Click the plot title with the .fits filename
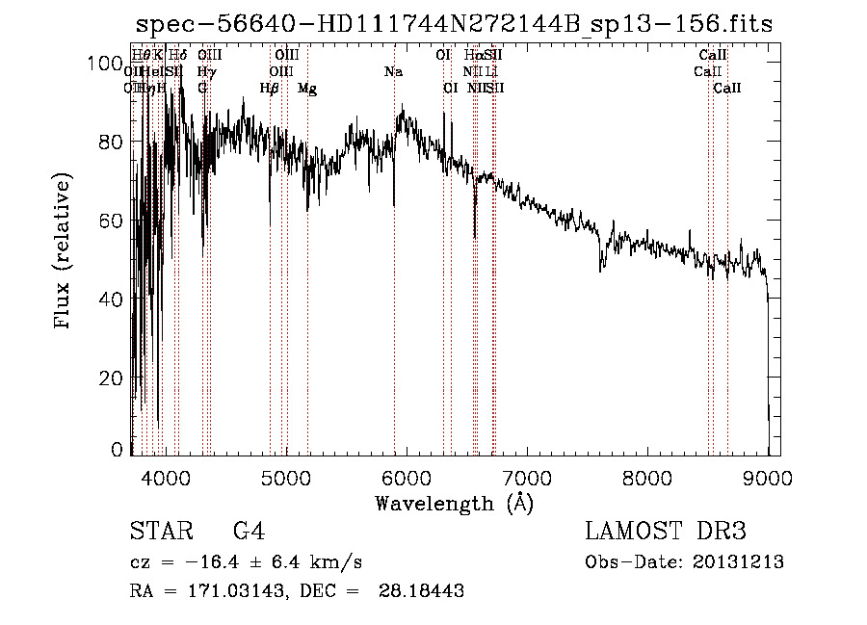(454, 24)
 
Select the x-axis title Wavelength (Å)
(454, 503)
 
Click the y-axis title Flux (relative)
(64, 252)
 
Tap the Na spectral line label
(393, 72)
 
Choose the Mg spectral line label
(307, 89)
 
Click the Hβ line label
(270, 89)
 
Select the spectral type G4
(249, 532)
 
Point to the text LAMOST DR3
(666, 532)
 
